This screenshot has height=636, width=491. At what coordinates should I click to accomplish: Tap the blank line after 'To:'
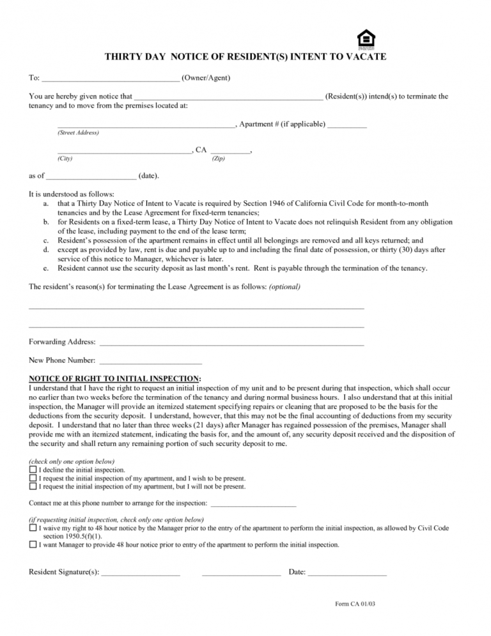[x=111, y=79]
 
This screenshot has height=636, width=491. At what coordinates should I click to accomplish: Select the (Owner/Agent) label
[x=206, y=78]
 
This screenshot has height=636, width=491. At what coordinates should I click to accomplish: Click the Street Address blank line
[x=146, y=125]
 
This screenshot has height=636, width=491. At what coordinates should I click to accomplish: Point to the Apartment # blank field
[x=347, y=125]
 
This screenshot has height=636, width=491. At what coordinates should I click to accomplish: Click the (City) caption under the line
[x=65, y=159]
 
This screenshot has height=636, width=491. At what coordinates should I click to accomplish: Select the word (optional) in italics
[x=284, y=287]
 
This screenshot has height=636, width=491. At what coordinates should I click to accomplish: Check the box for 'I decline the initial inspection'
[x=33, y=470]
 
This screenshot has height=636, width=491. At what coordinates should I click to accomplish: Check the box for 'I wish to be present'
[x=33, y=478]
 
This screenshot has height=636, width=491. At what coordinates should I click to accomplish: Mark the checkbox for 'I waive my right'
[x=33, y=529]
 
